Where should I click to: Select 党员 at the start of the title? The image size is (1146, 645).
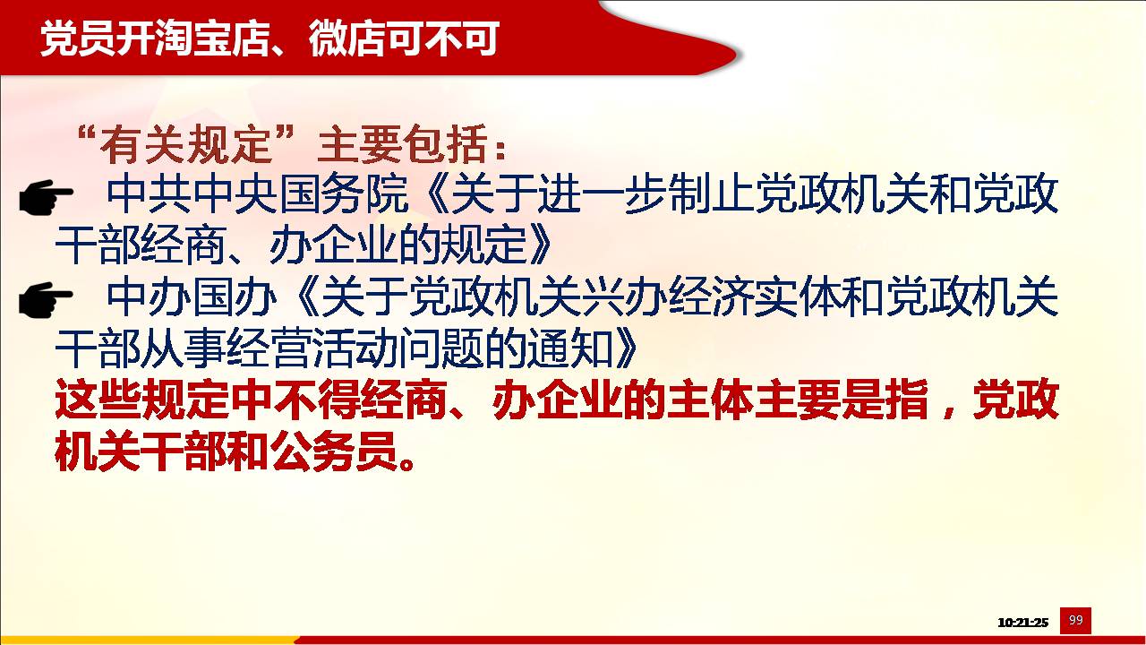[78, 39]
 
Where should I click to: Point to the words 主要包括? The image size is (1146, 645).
[402, 145]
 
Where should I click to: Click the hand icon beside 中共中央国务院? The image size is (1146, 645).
[46, 196]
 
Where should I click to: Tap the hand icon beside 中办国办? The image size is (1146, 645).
[46, 299]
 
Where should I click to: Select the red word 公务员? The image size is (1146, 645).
[334, 452]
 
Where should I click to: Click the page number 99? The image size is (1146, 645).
[1075, 621]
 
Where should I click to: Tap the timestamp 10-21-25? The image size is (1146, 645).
[1022, 623]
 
